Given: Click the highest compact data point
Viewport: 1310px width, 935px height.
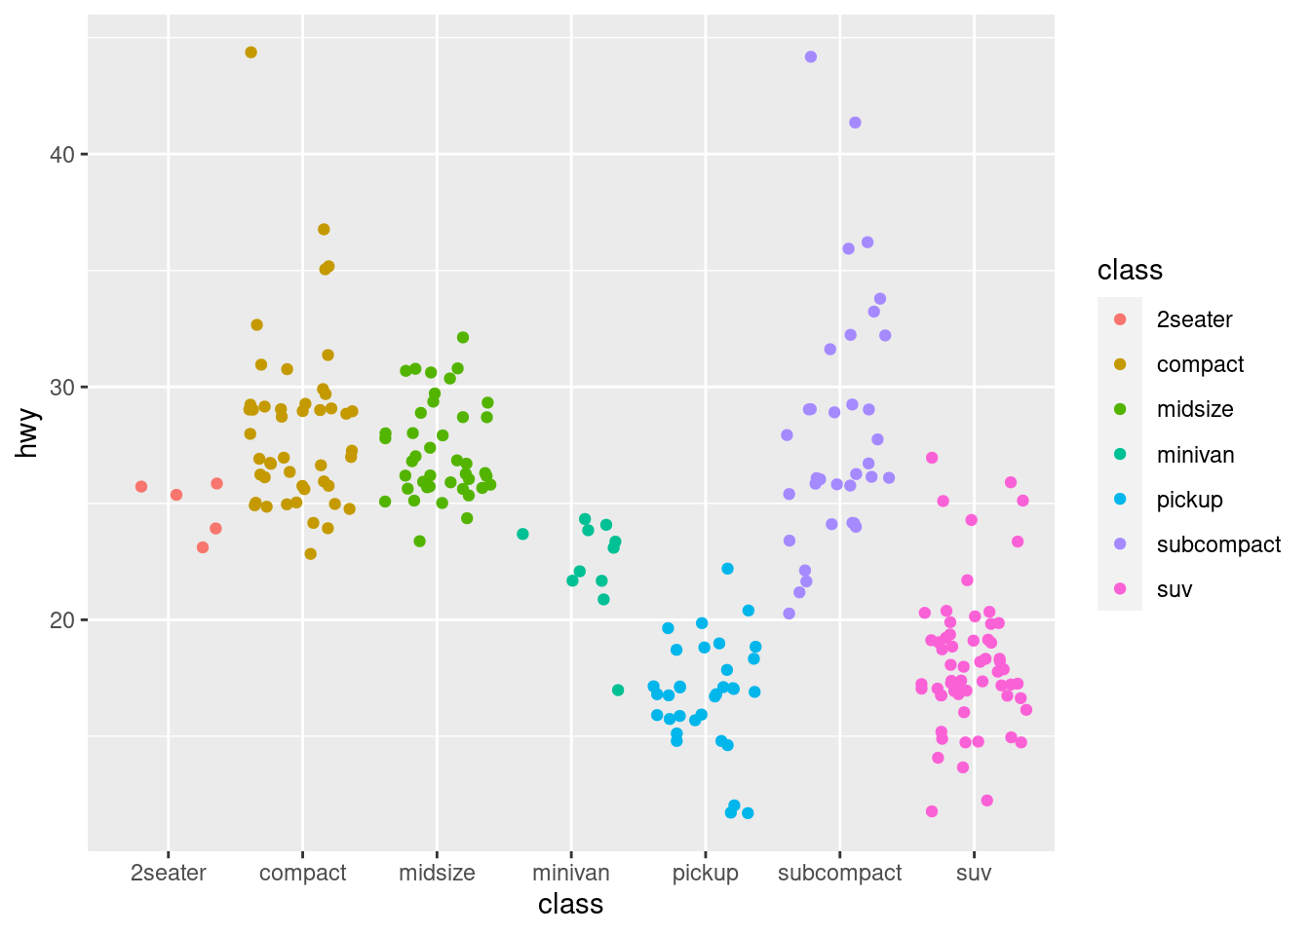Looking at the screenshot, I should (x=250, y=53).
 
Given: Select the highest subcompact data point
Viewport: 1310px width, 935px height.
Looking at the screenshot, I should (x=811, y=57).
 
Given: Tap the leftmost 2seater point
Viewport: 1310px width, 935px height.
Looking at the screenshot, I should (x=141, y=487).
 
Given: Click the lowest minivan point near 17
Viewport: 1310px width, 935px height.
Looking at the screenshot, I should (x=618, y=691).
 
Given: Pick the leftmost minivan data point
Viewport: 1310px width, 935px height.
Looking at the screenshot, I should (x=522, y=534).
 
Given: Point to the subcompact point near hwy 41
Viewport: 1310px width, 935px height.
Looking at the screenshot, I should (x=855, y=123).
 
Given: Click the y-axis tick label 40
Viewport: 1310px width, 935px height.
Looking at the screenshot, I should (x=62, y=155).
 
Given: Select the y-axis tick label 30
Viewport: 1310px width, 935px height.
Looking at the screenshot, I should (x=62, y=388).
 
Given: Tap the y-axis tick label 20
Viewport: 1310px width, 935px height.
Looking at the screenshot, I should (x=62, y=620).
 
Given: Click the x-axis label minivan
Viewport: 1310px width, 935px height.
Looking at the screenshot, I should (x=571, y=873).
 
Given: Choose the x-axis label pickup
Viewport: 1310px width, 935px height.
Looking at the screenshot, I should (x=706, y=873).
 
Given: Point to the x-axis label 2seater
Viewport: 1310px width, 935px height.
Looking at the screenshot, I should (x=169, y=873).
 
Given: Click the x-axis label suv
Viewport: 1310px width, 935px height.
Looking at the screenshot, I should (x=974, y=873).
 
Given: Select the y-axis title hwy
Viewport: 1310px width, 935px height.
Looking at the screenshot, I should (x=28, y=433).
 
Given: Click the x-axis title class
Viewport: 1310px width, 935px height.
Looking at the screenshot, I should (x=571, y=905).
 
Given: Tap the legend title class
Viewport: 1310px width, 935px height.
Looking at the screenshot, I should (x=1130, y=271).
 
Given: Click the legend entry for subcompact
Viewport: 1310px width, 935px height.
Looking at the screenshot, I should (x=1218, y=544).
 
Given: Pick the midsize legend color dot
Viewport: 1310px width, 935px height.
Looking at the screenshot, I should (x=1120, y=409).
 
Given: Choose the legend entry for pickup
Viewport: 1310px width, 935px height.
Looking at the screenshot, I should (x=1189, y=500).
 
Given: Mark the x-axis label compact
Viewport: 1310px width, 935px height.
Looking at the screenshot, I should (x=303, y=873).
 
